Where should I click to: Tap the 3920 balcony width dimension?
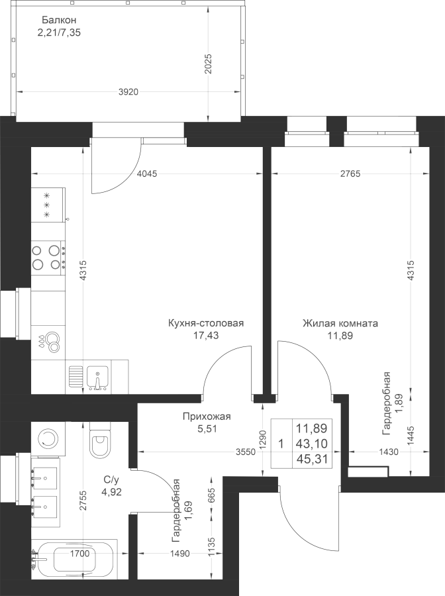click(128, 91)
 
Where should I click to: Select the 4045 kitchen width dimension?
click(147, 174)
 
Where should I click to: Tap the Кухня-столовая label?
click(206, 323)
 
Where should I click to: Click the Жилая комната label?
click(340, 323)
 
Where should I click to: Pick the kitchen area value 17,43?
click(206, 335)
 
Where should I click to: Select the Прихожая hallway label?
click(207, 417)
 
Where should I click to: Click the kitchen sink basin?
click(97, 377)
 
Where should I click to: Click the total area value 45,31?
click(312, 458)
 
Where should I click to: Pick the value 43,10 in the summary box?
click(312, 444)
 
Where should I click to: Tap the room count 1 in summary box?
click(281, 444)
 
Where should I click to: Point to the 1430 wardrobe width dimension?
click(389, 452)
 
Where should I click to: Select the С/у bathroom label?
click(110, 479)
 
